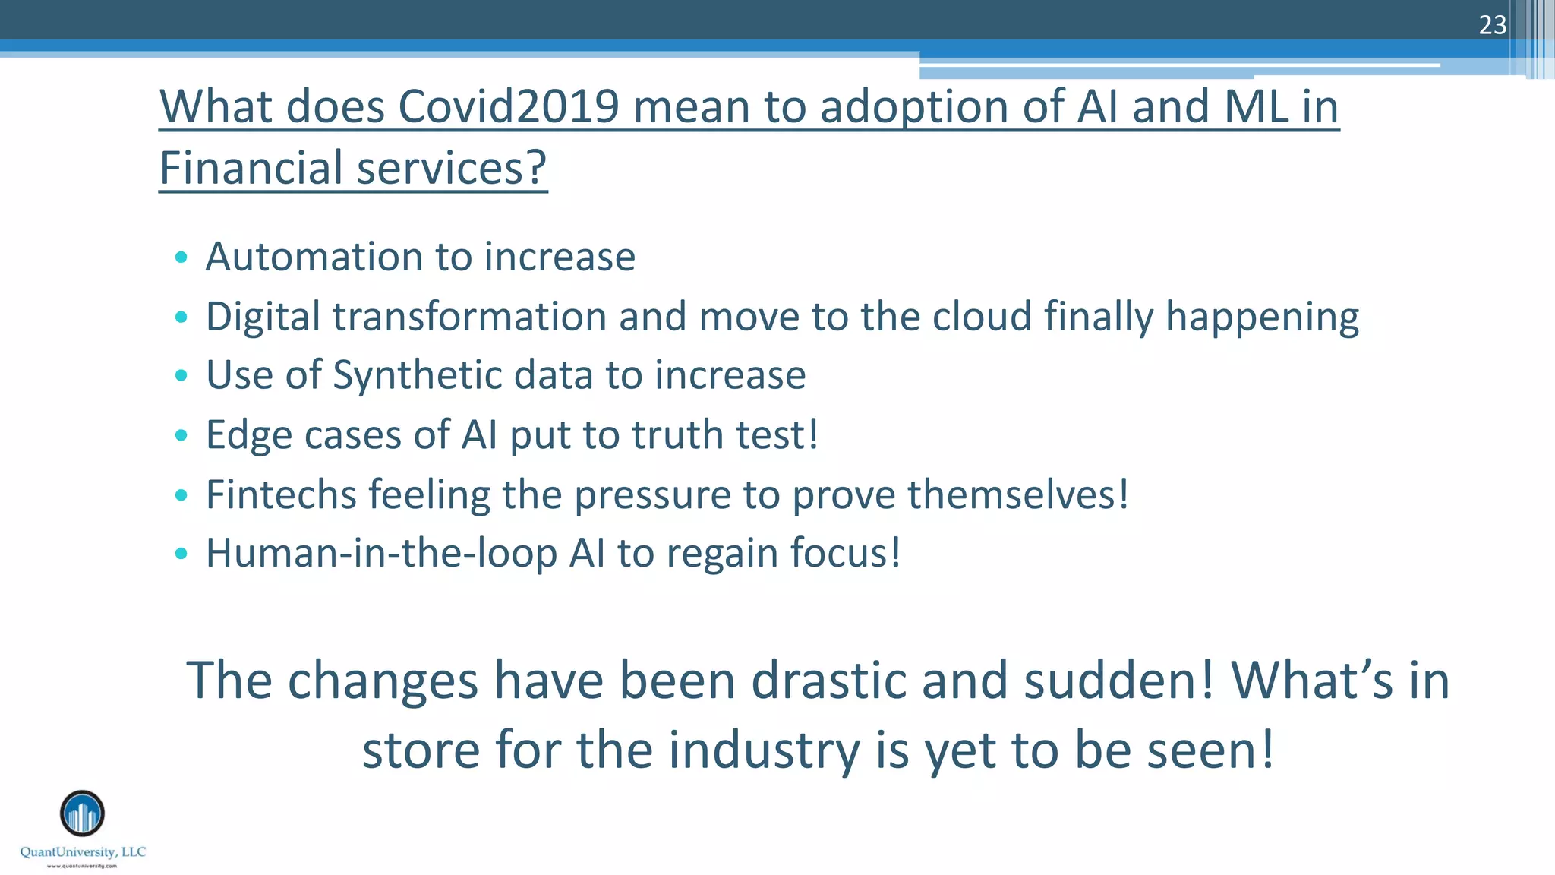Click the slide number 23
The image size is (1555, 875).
coord(1492,25)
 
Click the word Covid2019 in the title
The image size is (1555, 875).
coord(509,106)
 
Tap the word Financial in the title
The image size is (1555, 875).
coord(251,168)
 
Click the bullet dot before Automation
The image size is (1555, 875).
coord(181,257)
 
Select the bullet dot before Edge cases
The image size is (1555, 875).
coord(181,435)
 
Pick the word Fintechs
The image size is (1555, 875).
coord(281,494)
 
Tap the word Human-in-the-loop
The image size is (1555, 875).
coord(382,553)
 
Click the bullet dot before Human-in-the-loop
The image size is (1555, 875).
coord(181,554)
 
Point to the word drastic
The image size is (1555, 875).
coord(830,680)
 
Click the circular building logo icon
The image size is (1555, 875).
coord(82,813)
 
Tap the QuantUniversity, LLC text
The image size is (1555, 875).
coord(83,852)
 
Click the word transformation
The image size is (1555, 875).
coord(470,316)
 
